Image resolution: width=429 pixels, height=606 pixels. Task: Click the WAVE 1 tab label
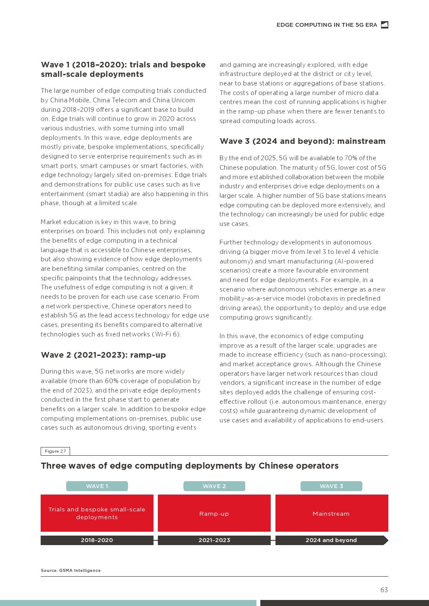coord(97,486)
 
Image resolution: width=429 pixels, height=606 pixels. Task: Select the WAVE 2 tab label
coord(214,486)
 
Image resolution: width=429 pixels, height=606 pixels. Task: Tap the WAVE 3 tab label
coord(331,486)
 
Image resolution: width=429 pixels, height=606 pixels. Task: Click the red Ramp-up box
coord(214,513)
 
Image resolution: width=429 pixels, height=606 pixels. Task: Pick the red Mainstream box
coord(331,513)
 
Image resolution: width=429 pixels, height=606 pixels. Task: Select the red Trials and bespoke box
coord(97,513)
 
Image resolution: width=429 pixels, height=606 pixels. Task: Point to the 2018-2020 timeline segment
coord(97,540)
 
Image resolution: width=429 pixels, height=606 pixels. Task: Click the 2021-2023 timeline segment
coord(214,540)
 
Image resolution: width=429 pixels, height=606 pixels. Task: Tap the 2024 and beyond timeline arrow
coord(331,540)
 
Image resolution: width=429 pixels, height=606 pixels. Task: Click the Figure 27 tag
coord(55,451)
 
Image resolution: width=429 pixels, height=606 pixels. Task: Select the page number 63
coord(384,590)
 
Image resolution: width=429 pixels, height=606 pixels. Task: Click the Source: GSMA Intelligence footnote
coord(70,570)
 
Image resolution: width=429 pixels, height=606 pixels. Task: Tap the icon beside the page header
coord(384,25)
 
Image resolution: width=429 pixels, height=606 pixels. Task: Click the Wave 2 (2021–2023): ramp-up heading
coord(103,355)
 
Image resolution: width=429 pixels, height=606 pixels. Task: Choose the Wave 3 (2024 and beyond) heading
coord(302,141)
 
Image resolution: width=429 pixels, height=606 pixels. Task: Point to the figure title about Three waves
coord(189,466)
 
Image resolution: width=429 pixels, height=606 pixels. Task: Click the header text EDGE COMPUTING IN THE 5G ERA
coord(327,25)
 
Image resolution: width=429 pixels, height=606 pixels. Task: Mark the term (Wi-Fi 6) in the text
coord(166,334)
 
